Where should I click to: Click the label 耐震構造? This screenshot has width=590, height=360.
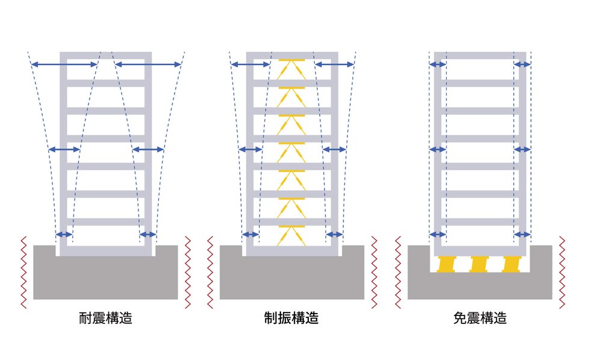click(105, 318)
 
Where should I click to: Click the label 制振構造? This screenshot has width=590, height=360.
click(291, 318)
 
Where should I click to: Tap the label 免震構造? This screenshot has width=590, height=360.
click(480, 318)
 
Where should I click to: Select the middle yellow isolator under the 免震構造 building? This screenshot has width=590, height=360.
click(479, 264)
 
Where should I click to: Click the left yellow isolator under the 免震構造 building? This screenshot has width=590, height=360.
click(448, 264)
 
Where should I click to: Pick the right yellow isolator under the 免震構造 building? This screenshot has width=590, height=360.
click(511, 264)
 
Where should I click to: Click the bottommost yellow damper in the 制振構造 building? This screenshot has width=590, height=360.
click(292, 235)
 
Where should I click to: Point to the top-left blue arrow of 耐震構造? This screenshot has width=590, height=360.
click(64, 64)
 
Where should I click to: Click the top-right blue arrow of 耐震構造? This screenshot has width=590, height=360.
click(147, 64)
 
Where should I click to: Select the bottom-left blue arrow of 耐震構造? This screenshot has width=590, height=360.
click(64, 234)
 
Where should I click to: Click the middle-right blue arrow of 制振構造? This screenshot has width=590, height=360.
click(335, 149)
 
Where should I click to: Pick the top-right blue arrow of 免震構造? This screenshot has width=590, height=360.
click(522, 64)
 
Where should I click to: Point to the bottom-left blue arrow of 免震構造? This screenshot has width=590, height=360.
click(438, 234)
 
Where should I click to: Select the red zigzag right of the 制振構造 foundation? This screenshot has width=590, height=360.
click(374, 272)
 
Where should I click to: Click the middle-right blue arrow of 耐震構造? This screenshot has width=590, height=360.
click(147, 149)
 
